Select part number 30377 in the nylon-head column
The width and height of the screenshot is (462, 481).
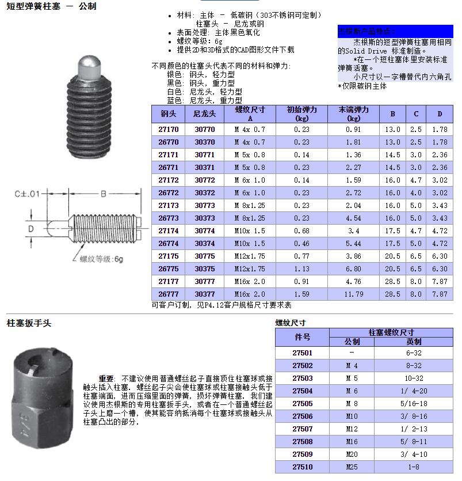[204, 294]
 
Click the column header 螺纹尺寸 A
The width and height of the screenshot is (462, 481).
[250, 113]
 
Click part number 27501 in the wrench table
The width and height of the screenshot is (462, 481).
[302, 353]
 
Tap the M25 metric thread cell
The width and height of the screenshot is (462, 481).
[352, 467]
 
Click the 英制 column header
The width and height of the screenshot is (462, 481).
[414, 342]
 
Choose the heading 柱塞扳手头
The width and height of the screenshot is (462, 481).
[29, 323]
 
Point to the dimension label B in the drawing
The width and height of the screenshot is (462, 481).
[104, 194]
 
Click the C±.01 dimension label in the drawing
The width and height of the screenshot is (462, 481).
[26, 194]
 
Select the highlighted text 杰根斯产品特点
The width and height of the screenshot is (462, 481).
[365, 31]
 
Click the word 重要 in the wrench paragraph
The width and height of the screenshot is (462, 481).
[107, 378]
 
